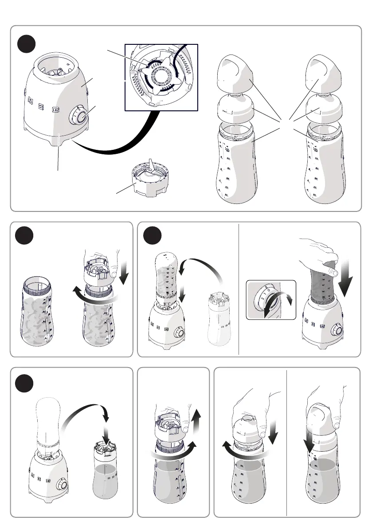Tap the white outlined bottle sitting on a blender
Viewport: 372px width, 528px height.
[x=47, y=421]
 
